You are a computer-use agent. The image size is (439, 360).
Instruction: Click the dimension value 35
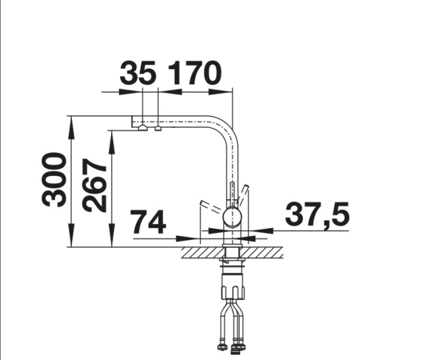[x=138, y=74]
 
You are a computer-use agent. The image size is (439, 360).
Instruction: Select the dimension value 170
[x=194, y=74]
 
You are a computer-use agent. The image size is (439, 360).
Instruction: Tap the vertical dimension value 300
[x=55, y=179]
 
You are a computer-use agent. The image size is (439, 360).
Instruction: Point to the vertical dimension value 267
[x=95, y=185]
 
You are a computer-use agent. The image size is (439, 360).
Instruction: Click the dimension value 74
[x=148, y=223]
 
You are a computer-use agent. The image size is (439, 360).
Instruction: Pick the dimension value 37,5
[x=317, y=214]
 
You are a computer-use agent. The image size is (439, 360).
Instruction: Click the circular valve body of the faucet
[x=233, y=216]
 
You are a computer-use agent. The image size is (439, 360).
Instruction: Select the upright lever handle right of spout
[x=243, y=193]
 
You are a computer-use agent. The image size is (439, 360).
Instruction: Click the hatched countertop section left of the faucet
[x=202, y=252]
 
